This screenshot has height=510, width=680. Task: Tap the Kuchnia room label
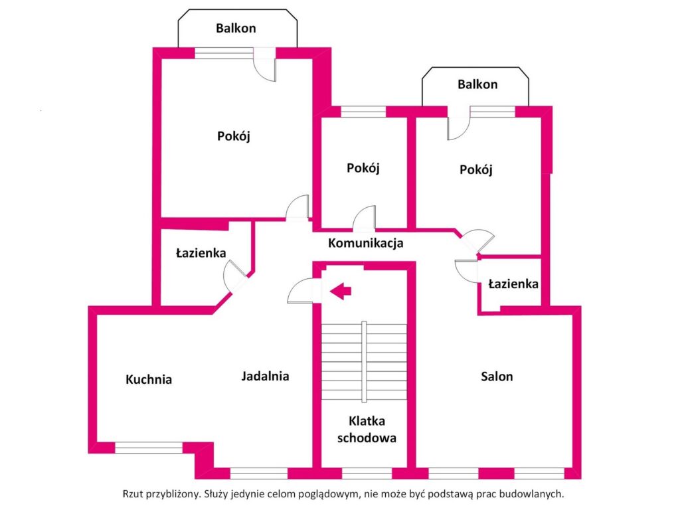(149, 380)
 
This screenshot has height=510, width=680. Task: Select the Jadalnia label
(265, 376)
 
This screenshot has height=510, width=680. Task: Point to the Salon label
(497, 377)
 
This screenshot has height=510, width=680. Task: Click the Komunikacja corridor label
(366, 243)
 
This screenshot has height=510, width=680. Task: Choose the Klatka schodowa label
(367, 429)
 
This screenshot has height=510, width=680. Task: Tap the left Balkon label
(236, 28)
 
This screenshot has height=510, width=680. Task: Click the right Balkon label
(477, 84)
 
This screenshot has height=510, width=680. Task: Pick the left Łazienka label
(201, 253)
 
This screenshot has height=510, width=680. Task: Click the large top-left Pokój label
(233, 136)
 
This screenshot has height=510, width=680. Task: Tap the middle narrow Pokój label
(363, 168)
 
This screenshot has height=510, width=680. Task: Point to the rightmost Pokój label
(476, 169)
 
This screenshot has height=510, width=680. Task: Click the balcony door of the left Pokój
(265, 65)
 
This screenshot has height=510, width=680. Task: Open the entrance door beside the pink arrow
(303, 291)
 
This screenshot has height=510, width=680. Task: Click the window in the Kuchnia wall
(148, 448)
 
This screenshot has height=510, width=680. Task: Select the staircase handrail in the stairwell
(364, 362)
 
